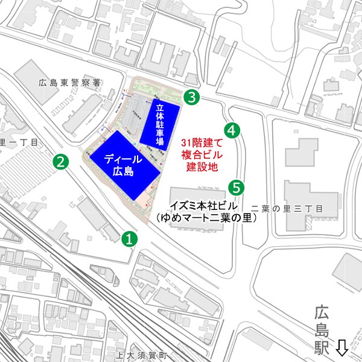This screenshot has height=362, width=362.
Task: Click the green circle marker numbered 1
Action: [x=129, y=238]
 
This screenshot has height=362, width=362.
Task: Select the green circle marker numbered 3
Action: [x=191, y=96]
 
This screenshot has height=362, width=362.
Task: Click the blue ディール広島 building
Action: [x=125, y=164]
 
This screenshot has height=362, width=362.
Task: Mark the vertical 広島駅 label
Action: [x=323, y=331]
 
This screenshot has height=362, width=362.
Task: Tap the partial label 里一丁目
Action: [x=19, y=142]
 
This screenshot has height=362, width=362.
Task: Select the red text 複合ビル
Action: [x=202, y=154]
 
